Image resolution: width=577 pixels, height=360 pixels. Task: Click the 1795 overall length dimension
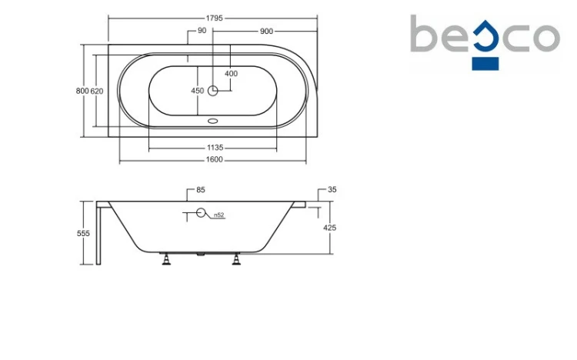(x=214, y=18)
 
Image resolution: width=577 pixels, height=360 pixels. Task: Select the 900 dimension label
(x=266, y=32)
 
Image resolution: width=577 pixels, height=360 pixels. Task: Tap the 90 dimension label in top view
(x=202, y=31)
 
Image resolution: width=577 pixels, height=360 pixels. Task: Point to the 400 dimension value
(x=231, y=74)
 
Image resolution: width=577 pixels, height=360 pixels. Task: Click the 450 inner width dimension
(x=198, y=91)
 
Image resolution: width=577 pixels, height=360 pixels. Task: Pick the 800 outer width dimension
(x=82, y=91)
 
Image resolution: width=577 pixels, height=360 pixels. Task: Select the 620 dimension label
(x=97, y=91)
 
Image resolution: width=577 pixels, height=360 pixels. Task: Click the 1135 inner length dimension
(x=215, y=148)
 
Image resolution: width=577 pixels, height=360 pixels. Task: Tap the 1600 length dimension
(x=214, y=159)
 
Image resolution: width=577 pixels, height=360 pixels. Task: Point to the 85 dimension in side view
(x=201, y=190)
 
